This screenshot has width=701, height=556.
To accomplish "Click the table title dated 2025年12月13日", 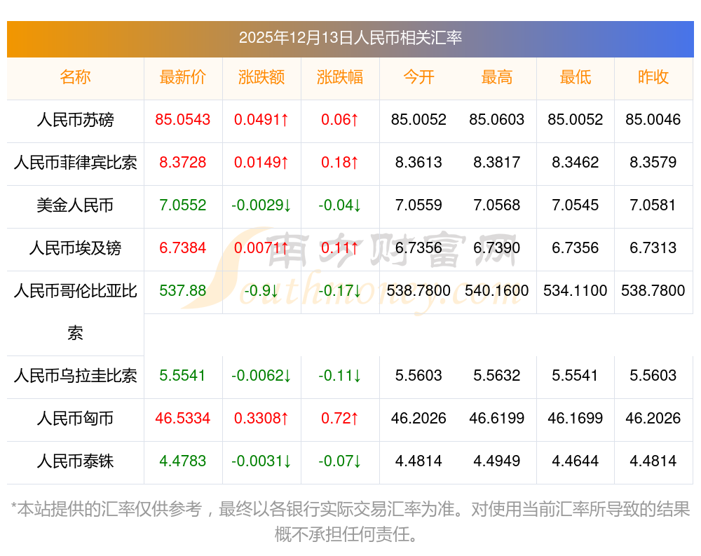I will pyautogui.click(x=350, y=38).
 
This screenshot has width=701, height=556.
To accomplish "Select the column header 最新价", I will pyautogui.click(x=183, y=77).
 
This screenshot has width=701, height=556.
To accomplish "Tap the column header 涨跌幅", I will pyautogui.click(x=340, y=77).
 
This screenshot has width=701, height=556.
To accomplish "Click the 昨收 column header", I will pyautogui.click(x=653, y=77).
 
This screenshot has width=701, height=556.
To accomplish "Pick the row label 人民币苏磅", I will pyautogui.click(x=75, y=120).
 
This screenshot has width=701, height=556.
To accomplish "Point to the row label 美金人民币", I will pyautogui.click(x=75, y=205).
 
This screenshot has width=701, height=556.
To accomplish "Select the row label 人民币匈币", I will pyautogui.click(x=75, y=419).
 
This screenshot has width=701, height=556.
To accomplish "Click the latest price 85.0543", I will pyautogui.click(x=183, y=120).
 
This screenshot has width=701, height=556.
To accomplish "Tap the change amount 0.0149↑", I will pyautogui.click(x=261, y=163).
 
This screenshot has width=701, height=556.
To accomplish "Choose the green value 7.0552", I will pyautogui.click(x=183, y=205).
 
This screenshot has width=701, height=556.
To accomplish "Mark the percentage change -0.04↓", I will pyautogui.click(x=340, y=205).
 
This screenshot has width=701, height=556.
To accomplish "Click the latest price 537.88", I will pyautogui.click(x=183, y=290).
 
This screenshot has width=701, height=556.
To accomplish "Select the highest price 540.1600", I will pyautogui.click(x=497, y=290).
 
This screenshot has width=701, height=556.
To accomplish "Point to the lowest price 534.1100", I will pyautogui.click(x=575, y=290).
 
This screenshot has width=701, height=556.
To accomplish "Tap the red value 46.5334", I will pyautogui.click(x=183, y=419).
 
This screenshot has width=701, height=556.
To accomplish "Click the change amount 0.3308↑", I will pyautogui.click(x=261, y=419).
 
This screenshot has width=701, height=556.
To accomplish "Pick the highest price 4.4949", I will pyautogui.click(x=497, y=461).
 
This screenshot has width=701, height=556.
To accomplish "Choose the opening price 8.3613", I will pyautogui.click(x=418, y=163).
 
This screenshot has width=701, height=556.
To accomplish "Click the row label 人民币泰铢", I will pyautogui.click(x=75, y=461).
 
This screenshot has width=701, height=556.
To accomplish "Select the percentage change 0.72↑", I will pyautogui.click(x=340, y=419).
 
